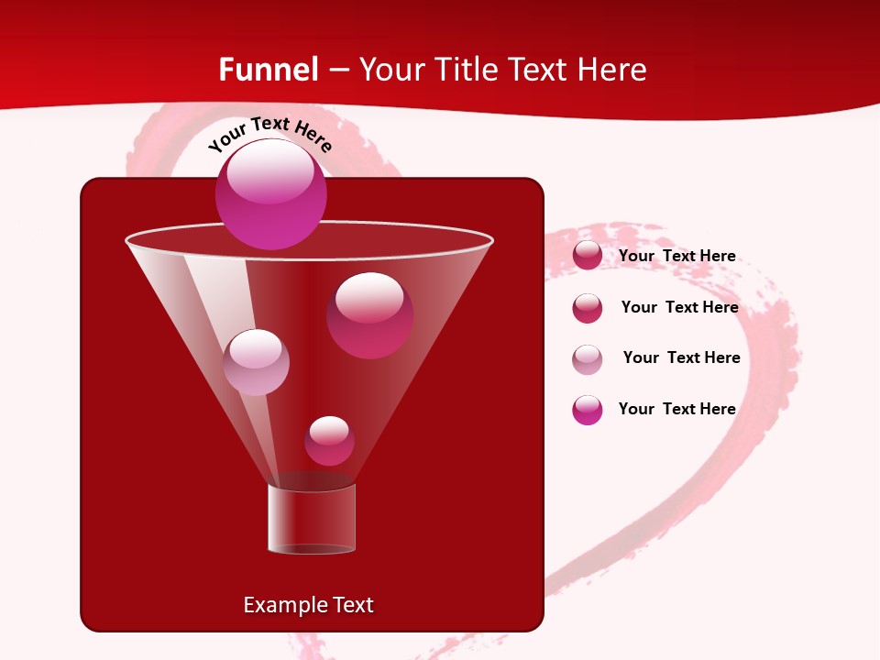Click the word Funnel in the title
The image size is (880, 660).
click(x=269, y=70)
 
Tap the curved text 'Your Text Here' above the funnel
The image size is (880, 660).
click(x=270, y=134)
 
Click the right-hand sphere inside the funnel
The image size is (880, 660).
click(x=369, y=315)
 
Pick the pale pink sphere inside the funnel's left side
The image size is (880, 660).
click(x=256, y=362)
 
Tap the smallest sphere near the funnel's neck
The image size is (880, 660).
click(x=329, y=441)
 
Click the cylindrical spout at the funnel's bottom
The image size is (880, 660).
click(x=312, y=520)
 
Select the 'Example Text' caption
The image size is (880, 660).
click(x=309, y=605)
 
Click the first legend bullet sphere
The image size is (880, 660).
click(x=588, y=256)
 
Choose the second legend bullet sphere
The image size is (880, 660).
click(x=588, y=308)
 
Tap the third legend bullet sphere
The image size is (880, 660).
click(x=588, y=359)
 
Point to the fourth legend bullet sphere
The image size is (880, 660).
click(x=588, y=410)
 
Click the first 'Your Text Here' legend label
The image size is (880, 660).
click(x=676, y=256)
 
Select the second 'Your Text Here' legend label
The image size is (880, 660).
click(x=679, y=307)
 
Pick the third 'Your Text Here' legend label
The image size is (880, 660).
click(x=681, y=357)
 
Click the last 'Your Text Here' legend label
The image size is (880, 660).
click(x=676, y=409)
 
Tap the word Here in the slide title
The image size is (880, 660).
click(x=614, y=70)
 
